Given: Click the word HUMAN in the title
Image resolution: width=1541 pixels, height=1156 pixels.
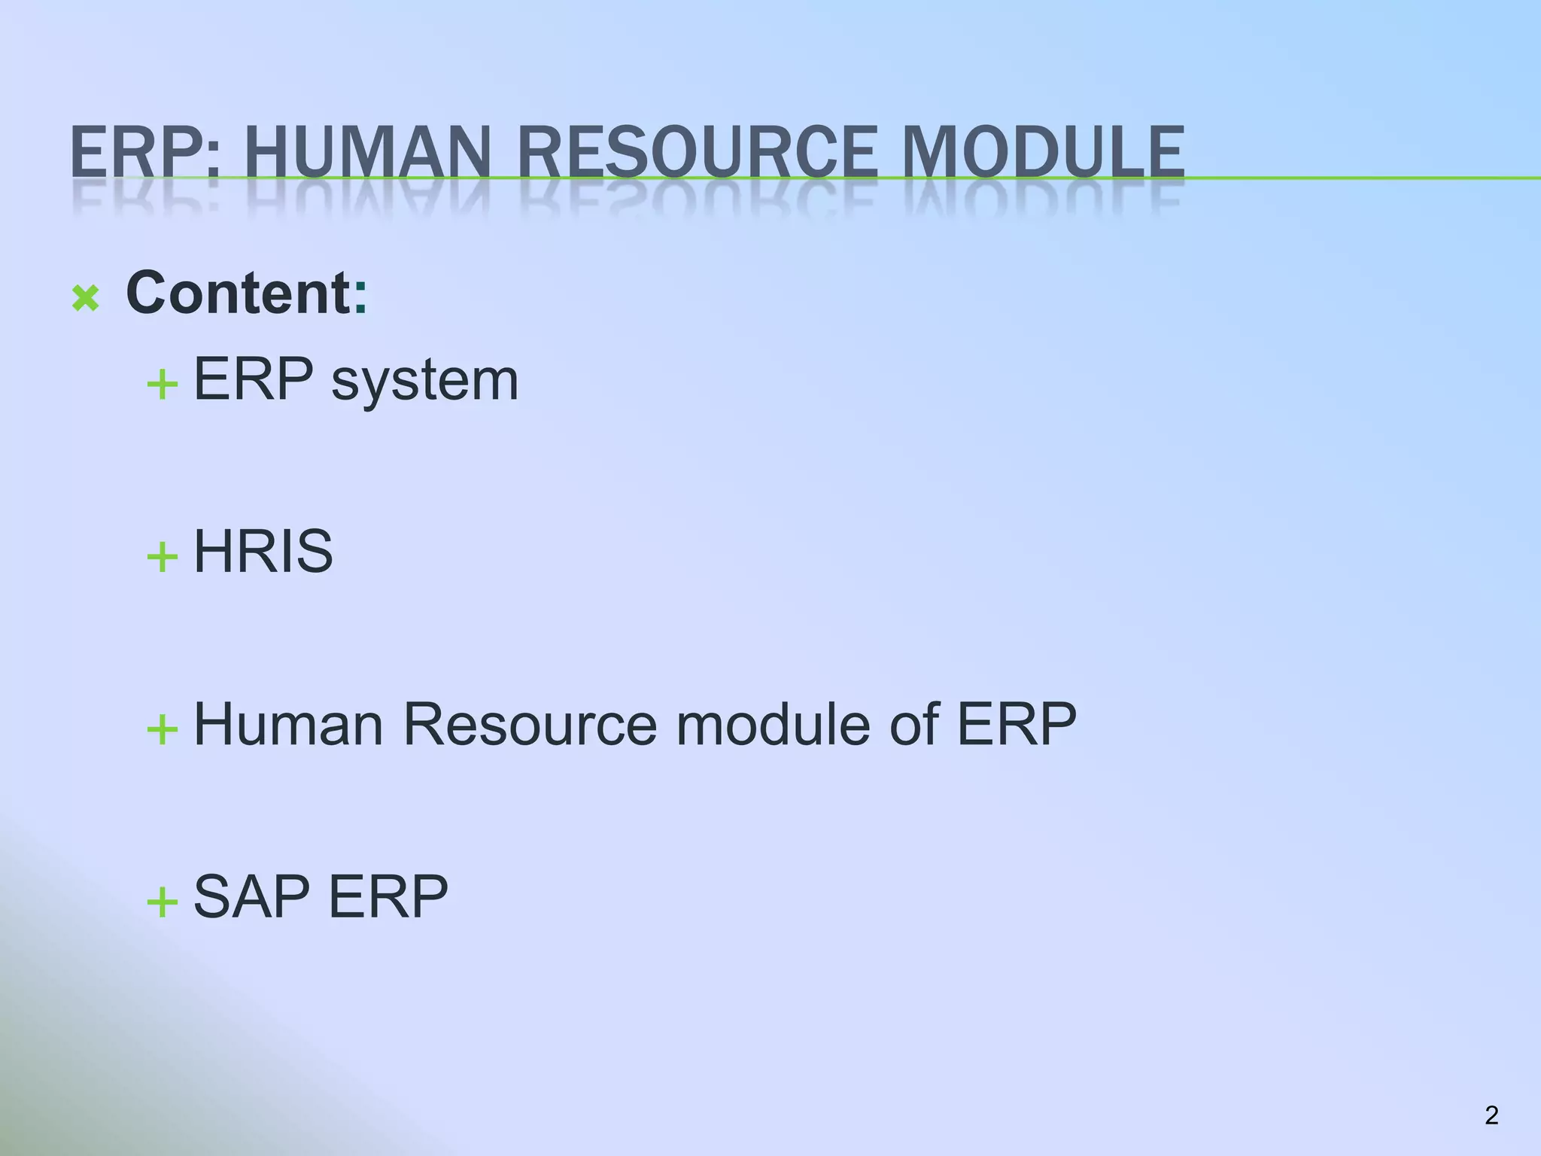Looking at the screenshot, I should (x=367, y=153).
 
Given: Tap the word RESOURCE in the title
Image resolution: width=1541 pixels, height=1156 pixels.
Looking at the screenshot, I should (x=697, y=153).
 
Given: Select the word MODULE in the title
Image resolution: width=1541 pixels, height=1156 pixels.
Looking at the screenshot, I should (x=1043, y=153).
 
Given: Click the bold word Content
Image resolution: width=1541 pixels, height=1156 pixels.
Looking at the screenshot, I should (x=238, y=293).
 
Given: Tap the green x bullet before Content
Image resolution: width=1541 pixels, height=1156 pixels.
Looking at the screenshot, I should (x=86, y=299).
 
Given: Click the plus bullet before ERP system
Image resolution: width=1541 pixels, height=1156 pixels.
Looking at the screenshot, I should (x=163, y=386).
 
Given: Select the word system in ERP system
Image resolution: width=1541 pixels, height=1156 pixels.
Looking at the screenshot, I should (x=424, y=381).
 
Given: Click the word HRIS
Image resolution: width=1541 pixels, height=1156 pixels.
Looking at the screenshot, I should (x=263, y=551).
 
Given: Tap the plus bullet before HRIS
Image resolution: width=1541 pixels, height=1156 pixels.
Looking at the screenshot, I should (x=163, y=558).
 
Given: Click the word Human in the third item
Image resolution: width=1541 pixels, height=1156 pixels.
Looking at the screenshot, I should (x=288, y=724).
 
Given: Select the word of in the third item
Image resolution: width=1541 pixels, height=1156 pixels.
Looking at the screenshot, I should (x=913, y=724).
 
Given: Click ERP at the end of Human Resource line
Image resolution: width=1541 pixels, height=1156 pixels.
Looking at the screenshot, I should (x=1017, y=724).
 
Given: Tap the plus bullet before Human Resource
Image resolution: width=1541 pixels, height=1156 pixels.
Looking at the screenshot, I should (x=163, y=729).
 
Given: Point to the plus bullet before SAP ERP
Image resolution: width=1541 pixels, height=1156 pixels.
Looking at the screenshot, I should (x=163, y=902).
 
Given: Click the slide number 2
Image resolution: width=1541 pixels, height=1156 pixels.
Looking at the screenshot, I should (x=1491, y=1115).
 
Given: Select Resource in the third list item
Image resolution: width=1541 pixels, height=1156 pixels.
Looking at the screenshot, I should (x=530, y=724).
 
